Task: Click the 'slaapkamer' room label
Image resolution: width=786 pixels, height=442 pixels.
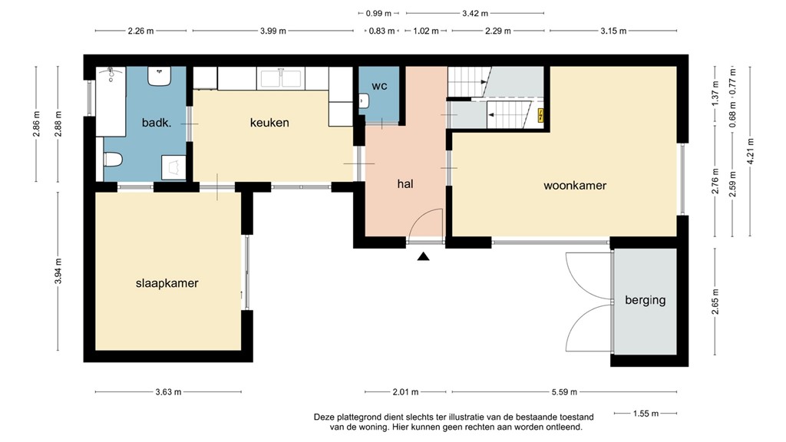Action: [x=167, y=283]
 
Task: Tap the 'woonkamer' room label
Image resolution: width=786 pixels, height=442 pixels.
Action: [x=575, y=185]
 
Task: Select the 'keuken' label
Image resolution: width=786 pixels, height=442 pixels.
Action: [x=269, y=122]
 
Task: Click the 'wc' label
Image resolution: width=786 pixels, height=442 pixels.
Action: [x=379, y=86]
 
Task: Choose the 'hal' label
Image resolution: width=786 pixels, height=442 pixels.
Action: [x=406, y=183]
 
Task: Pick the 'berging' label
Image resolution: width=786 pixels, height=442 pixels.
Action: [x=645, y=299]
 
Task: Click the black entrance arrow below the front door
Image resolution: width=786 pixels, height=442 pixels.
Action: [x=423, y=257]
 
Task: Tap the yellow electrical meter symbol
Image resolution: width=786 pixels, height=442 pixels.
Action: [x=542, y=117]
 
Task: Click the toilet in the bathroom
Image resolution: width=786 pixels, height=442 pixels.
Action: [x=113, y=160]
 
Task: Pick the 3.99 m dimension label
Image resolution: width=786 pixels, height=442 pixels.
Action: [x=272, y=31]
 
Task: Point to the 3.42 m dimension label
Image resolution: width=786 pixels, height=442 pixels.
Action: [x=474, y=13]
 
